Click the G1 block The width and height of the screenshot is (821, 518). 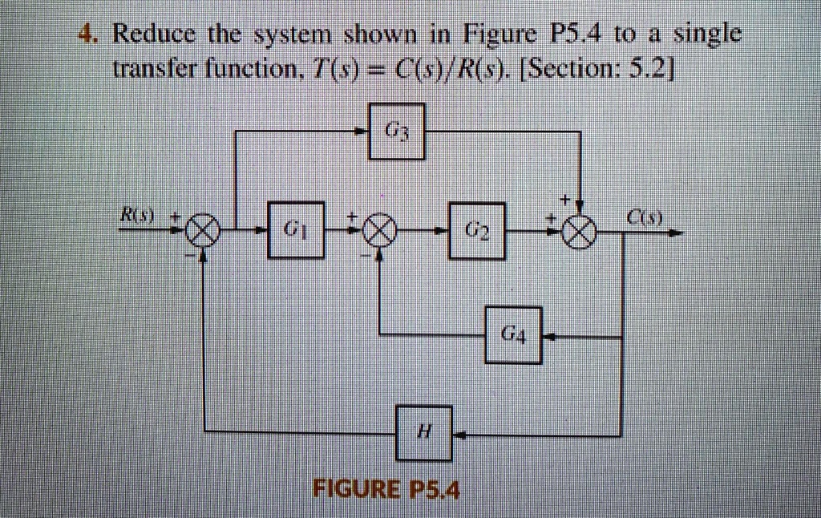click(296, 231)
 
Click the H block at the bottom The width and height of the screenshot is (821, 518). click(424, 433)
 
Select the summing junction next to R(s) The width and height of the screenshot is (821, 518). click(202, 234)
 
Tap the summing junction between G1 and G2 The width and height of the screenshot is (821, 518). click(379, 233)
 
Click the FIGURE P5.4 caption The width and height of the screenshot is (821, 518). click(387, 488)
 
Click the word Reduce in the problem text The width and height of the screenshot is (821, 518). click(156, 35)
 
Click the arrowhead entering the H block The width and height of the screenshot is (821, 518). click(461, 435)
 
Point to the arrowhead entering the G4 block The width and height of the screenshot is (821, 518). click(551, 338)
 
